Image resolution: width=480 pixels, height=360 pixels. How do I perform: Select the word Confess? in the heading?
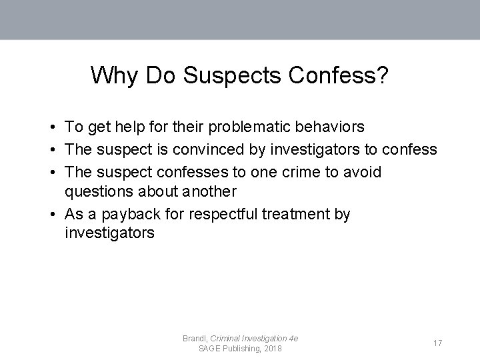(341, 75)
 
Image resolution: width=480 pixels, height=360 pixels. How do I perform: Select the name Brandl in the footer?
(195, 339)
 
